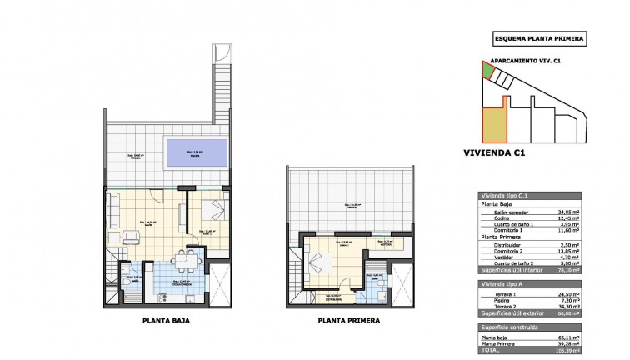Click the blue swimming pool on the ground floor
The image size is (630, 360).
coord(197,153)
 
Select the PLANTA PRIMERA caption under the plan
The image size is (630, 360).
coord(348,319)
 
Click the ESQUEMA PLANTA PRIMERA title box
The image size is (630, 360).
coord(539,38)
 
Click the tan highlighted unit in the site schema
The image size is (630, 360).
coord(494,125)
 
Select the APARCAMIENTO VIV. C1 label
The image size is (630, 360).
coord(524,61)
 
